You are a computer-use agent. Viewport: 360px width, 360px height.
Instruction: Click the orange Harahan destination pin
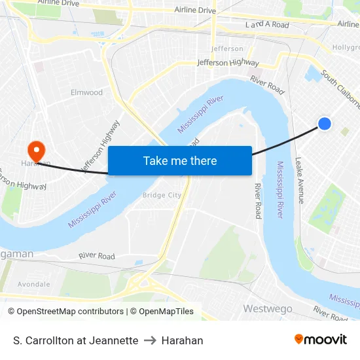click(x=37, y=151)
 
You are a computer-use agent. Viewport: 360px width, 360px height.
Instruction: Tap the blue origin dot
click(x=324, y=123)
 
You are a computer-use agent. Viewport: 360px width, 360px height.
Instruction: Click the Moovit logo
click(x=321, y=340)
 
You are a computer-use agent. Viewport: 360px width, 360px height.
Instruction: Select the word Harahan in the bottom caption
click(x=182, y=340)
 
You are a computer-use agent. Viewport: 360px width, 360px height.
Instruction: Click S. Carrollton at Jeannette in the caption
click(x=75, y=340)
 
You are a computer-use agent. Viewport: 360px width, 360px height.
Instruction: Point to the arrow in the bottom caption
click(x=150, y=340)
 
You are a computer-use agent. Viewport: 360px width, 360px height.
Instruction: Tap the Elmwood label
click(x=86, y=92)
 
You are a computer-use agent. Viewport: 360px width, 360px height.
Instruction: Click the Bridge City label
click(x=162, y=195)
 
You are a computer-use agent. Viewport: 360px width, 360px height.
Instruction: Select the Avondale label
click(x=33, y=284)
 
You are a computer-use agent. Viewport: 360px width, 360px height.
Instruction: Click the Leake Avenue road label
click(x=299, y=180)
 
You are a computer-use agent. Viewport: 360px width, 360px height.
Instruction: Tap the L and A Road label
click(x=266, y=25)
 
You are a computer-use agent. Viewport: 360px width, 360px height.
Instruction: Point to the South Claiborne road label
click(x=341, y=91)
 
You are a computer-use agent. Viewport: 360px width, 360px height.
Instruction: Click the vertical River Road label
click(x=258, y=200)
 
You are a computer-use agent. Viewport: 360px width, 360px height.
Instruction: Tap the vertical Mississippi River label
click(x=280, y=190)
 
